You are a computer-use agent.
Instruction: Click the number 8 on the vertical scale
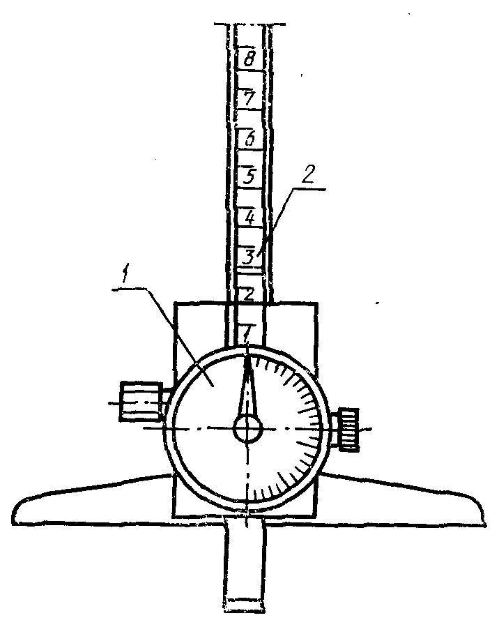(x=248, y=57)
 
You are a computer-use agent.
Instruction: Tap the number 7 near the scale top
(x=247, y=97)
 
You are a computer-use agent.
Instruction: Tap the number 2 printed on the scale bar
(x=248, y=294)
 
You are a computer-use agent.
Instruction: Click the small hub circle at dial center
(x=247, y=428)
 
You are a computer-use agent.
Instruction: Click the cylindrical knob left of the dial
(x=142, y=402)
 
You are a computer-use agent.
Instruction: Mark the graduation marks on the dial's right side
(x=307, y=425)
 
